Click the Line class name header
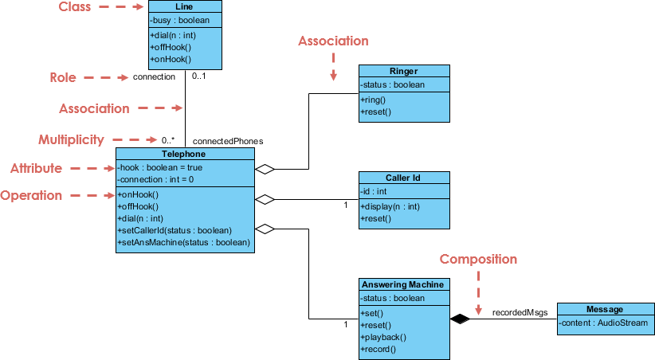[x=184, y=6]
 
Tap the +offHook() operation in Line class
[x=170, y=48]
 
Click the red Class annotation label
[x=76, y=7]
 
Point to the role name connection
[x=154, y=77]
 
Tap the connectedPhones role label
[x=228, y=140]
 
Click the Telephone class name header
[x=185, y=154]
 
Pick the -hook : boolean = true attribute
[x=160, y=167]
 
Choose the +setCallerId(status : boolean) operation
[x=175, y=230]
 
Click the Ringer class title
[x=404, y=71]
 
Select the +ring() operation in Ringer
[x=374, y=100]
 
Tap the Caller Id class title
[x=404, y=178]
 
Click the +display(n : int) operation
[x=390, y=207]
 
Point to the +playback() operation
[x=385, y=337]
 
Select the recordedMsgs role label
[x=520, y=312]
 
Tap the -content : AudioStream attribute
[x=602, y=323]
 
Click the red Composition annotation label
[x=478, y=259]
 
